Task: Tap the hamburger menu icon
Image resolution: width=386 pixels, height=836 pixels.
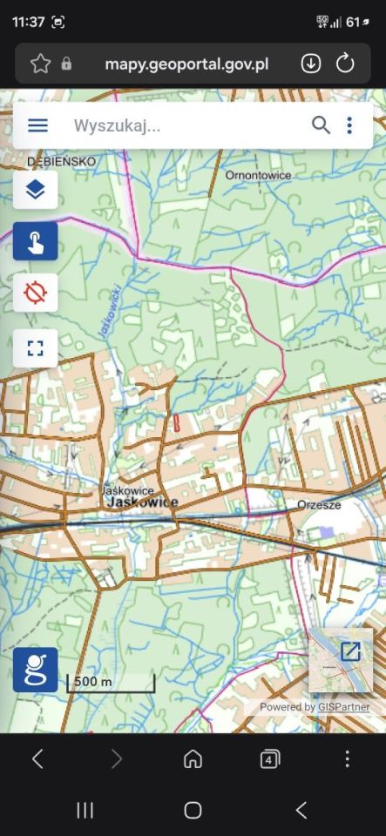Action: tap(37, 125)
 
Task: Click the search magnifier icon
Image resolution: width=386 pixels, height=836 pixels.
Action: tap(321, 125)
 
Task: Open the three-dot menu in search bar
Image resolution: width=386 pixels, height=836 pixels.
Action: tap(349, 125)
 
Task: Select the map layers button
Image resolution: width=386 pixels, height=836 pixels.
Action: tap(36, 189)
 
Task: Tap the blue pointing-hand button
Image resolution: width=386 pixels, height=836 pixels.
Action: tap(36, 241)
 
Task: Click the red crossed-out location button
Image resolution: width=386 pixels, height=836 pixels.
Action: tap(36, 293)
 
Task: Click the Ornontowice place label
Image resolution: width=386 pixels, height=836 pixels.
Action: tap(258, 175)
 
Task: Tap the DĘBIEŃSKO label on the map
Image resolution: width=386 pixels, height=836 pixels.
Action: tap(61, 162)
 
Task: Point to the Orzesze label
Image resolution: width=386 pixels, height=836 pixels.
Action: tap(318, 504)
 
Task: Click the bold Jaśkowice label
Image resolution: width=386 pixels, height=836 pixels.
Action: tap(142, 502)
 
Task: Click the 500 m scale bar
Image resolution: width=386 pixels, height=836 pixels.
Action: tap(111, 682)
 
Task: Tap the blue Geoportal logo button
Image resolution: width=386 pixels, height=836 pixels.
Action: tap(36, 670)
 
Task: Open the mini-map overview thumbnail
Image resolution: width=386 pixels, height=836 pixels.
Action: tap(341, 660)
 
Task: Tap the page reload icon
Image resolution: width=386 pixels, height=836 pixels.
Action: tap(345, 64)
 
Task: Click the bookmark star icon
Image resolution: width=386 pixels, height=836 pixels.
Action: tap(40, 64)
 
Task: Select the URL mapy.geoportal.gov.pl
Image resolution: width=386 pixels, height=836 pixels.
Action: tap(186, 64)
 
